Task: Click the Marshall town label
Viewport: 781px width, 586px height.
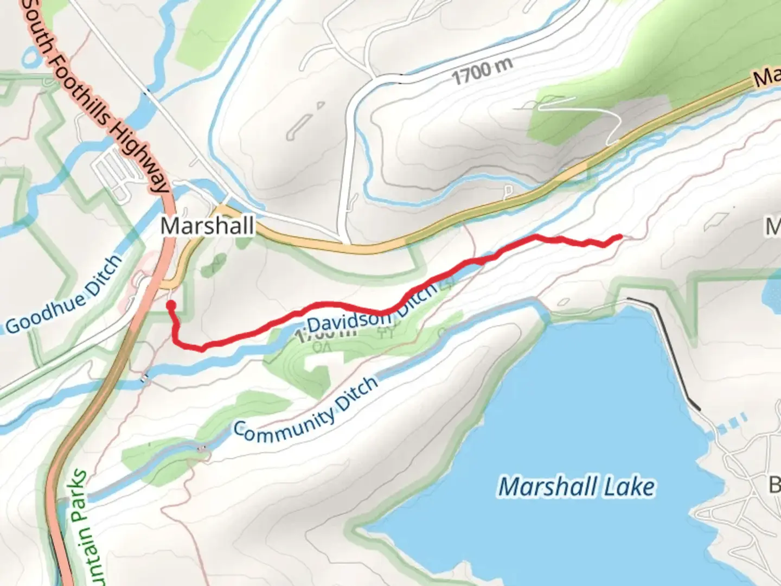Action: click(x=207, y=225)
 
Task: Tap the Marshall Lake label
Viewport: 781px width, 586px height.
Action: click(x=577, y=486)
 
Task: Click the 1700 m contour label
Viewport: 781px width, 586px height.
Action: click(x=482, y=71)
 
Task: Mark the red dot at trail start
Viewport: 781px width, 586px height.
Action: click(x=171, y=305)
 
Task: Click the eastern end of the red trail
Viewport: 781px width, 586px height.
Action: click(x=619, y=237)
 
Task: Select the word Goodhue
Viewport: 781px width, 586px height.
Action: click(x=45, y=313)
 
